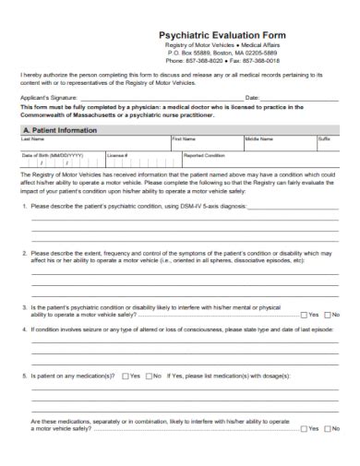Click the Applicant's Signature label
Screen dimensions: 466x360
tap(47, 96)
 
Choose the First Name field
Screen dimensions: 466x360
tap(206, 144)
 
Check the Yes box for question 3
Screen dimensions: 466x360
tap(306, 315)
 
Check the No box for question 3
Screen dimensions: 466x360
tap(328, 315)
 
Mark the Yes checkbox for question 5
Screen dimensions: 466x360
tap(124, 376)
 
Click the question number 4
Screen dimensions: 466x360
tap(24, 328)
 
